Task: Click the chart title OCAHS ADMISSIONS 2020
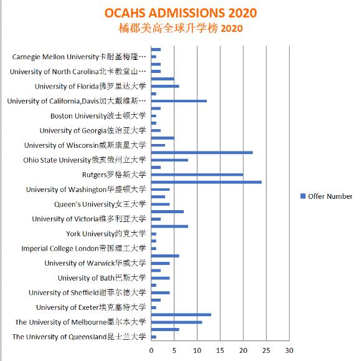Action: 180,13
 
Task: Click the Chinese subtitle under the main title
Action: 180,28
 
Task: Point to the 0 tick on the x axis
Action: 152,350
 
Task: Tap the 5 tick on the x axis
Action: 174,350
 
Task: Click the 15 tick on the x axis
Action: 220,350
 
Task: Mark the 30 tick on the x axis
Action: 289,350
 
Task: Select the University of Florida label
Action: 90,86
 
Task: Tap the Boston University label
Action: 98,115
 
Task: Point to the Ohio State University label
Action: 84,160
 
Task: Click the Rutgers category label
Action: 113,174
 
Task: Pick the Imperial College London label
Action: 83,248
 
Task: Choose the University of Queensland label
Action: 79,337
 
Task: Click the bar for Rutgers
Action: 197,175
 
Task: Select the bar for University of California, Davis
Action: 179,101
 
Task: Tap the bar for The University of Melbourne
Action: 177,322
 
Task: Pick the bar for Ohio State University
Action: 170,160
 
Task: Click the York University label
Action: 106,234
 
